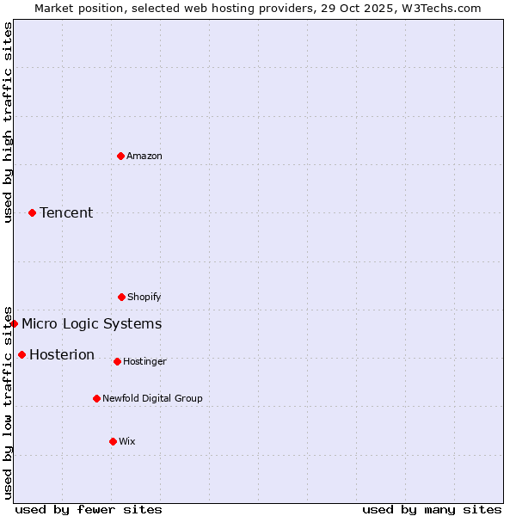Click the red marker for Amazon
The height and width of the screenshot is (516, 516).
pos(120,156)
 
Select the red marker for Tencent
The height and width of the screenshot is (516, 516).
pos(32,212)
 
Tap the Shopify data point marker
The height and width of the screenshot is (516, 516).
pos(121,297)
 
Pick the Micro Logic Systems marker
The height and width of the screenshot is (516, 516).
pos(15,323)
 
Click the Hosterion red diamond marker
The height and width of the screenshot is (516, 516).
pos(21,354)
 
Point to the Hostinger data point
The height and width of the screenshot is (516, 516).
pos(117,361)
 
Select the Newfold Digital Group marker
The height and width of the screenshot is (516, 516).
pos(96,398)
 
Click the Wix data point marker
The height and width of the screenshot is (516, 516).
pos(113,441)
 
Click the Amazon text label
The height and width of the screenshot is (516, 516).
pos(144,156)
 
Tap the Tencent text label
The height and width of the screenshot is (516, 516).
pos(66,212)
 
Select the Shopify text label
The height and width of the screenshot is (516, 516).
pos(144,297)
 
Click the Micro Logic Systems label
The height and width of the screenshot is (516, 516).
pos(91,323)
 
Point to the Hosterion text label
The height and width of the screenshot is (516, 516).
pos(62,354)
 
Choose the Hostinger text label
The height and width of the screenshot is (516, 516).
pos(144,361)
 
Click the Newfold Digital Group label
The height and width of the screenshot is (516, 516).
pos(153,398)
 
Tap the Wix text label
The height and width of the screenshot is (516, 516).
pos(127,441)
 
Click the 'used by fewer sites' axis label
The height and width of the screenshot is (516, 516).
pos(89,509)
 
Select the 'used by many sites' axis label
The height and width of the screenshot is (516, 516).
pos(432,509)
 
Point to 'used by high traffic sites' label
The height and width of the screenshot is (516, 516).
pos(8,122)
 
